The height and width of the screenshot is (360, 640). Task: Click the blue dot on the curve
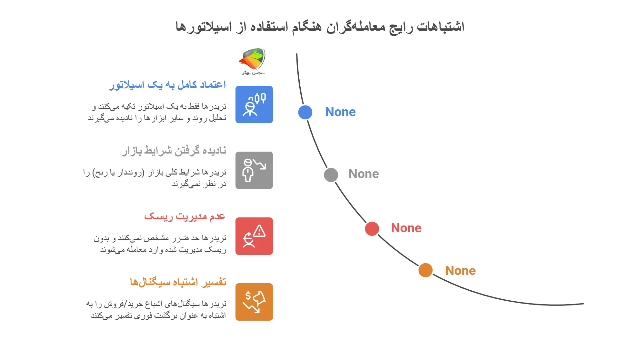pyautogui.click(x=305, y=112)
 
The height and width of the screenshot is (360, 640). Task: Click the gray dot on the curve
pyautogui.click(x=331, y=175)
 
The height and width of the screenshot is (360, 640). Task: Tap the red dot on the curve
pyautogui.click(x=372, y=229)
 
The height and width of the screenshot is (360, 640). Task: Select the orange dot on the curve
pyautogui.click(x=425, y=270)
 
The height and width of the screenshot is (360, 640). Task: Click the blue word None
pyautogui.click(x=340, y=112)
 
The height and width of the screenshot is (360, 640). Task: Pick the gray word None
pyautogui.click(x=364, y=174)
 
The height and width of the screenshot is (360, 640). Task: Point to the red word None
pyautogui.click(x=406, y=228)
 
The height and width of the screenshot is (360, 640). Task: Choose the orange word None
pyautogui.click(x=460, y=271)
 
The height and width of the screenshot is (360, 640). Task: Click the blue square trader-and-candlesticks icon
pyautogui.click(x=254, y=105)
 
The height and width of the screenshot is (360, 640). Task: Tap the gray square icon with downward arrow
pyautogui.click(x=254, y=170)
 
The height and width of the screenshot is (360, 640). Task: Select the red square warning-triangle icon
pyautogui.click(x=254, y=236)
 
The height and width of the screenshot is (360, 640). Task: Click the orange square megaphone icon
pyautogui.click(x=254, y=302)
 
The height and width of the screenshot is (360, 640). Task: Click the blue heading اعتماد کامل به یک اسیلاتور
pyautogui.click(x=167, y=85)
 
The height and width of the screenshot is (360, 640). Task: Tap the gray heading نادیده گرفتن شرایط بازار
pyautogui.click(x=174, y=151)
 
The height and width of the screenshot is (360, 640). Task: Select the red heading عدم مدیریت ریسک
pyautogui.click(x=185, y=216)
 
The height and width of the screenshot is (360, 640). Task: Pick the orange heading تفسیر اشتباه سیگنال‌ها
pyautogui.click(x=178, y=282)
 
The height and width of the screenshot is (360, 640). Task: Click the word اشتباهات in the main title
pyautogui.click(x=441, y=26)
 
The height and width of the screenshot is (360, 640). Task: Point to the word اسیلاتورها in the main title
pyautogui.click(x=204, y=26)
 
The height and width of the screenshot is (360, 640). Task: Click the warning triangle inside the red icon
pyautogui.click(x=259, y=231)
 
